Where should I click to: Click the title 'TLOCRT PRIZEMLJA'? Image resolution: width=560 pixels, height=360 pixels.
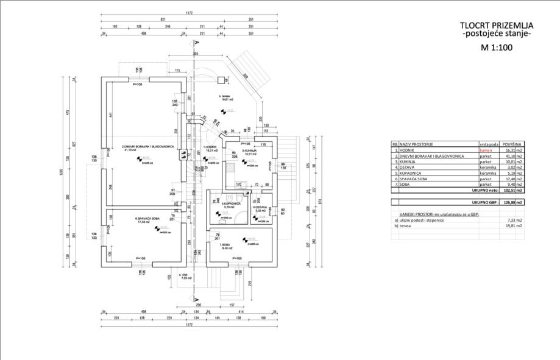(497, 26)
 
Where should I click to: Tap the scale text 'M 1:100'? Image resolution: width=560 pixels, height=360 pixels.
(497, 46)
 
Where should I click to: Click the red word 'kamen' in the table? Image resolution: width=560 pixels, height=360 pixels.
(485, 150)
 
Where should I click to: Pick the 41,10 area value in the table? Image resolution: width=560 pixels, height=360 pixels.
(512, 156)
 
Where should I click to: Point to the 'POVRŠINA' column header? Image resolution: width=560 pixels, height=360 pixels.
(512, 144)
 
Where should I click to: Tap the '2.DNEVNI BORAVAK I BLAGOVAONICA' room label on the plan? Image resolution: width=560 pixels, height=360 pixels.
(148, 147)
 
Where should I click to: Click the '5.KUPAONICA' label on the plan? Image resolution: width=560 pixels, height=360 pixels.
(229, 204)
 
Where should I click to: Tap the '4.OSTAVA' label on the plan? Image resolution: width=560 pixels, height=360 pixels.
(261, 208)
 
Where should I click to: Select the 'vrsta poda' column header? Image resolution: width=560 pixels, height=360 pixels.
(488, 144)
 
